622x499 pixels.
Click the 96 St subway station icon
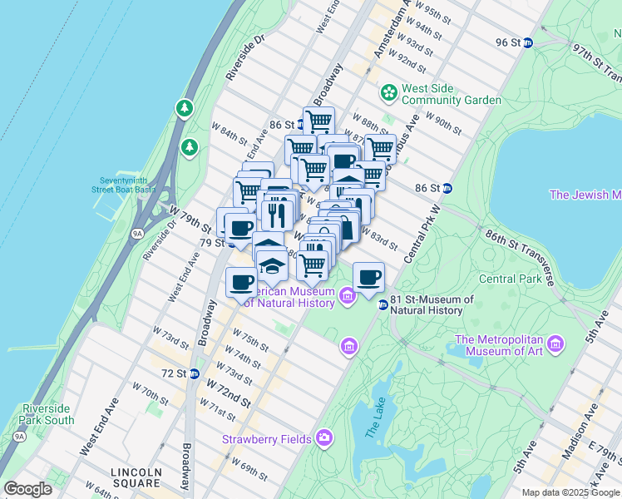pyautogui.click(x=527, y=42)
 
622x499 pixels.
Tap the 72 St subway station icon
pyautogui.click(x=194, y=373)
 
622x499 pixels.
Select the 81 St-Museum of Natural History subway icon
pyautogui.click(x=383, y=305)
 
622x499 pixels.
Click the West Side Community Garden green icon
pyautogui.click(x=388, y=91)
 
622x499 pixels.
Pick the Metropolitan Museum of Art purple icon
pyautogui.click(x=555, y=343)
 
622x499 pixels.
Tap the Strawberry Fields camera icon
pyautogui.click(x=323, y=438)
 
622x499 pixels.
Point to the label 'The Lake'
pyautogui.click(x=372, y=429)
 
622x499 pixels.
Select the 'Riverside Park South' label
pyautogui.click(x=48, y=414)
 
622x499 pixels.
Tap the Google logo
pyautogui.click(x=27, y=488)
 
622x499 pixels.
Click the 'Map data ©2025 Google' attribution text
pyautogui.click(x=570, y=492)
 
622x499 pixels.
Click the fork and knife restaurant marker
pyautogui.click(x=277, y=215)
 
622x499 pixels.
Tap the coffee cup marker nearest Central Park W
pyautogui.click(x=368, y=277)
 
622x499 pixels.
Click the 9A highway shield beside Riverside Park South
pyautogui.click(x=18, y=434)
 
